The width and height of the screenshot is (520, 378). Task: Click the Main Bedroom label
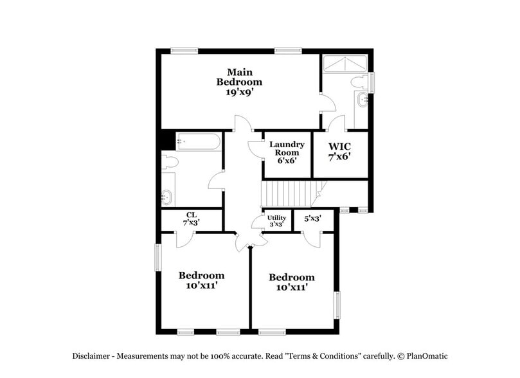tap(239, 76)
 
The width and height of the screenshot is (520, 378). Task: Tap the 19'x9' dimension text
tap(239, 93)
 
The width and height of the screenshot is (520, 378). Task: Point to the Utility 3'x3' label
tap(276, 221)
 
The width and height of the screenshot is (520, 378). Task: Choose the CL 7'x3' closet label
tap(191, 219)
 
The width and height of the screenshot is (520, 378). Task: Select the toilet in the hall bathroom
tap(169, 163)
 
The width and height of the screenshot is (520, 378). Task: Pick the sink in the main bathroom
tap(363, 100)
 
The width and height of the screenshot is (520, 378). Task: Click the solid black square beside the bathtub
tap(168, 139)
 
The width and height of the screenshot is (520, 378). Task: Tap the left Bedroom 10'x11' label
tap(201, 280)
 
